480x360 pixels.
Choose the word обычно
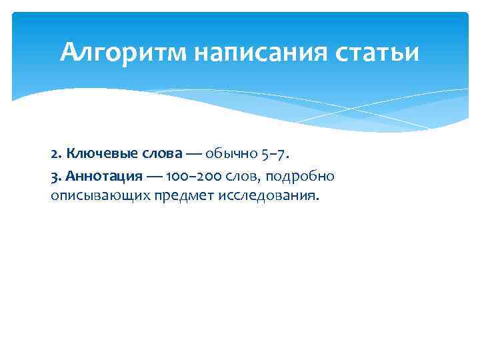coord(229,155)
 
